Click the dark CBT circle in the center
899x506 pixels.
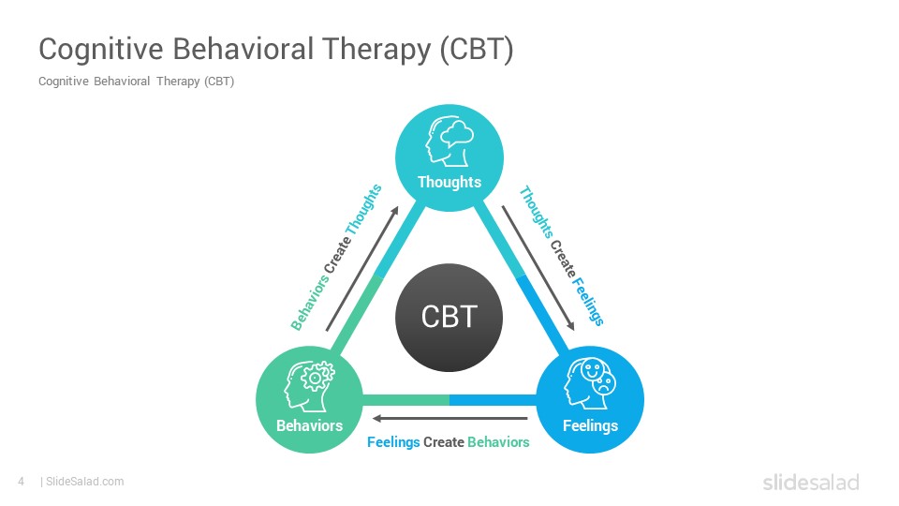[x=449, y=318]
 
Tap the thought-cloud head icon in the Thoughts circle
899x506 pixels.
[x=449, y=141]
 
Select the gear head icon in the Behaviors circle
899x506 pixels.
[x=309, y=386]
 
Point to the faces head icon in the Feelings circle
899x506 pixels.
[x=590, y=384]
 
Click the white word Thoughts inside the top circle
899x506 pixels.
[x=449, y=182]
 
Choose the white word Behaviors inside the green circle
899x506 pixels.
[x=310, y=425]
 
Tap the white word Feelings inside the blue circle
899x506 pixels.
[x=591, y=425]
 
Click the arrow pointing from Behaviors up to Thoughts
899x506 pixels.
[x=362, y=269]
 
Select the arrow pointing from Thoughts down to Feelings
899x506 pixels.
[x=538, y=268]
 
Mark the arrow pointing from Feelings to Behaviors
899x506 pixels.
[x=450, y=418]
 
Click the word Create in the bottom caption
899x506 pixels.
[x=444, y=442]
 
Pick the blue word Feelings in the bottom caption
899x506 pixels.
[x=393, y=442]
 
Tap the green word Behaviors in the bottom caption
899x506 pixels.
[x=498, y=442]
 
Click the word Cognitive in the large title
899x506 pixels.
[x=101, y=50]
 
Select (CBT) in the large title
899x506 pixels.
[x=477, y=50]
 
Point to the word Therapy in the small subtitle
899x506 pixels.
[x=178, y=82]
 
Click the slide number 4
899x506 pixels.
[x=22, y=482]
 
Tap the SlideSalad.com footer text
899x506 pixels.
[x=85, y=482]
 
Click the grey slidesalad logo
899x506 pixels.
[x=811, y=482]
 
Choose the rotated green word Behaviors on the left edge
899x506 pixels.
[x=310, y=303]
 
